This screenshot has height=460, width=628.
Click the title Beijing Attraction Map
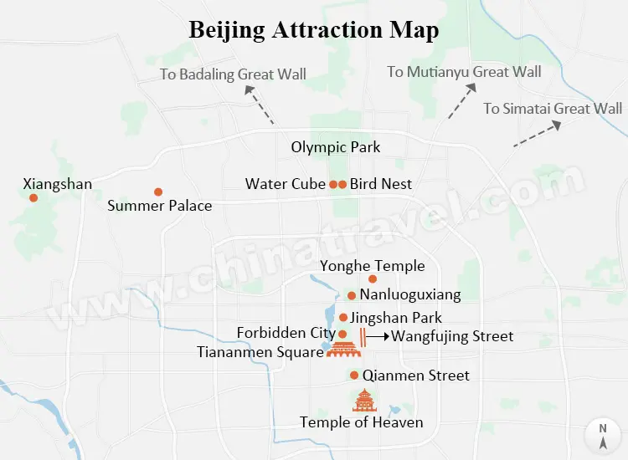[314, 30]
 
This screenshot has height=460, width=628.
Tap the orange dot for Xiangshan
[33, 198]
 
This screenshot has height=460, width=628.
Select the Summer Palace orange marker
[157, 192]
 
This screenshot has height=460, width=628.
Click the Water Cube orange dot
[333, 184]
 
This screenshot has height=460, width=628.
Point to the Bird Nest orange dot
[342, 184]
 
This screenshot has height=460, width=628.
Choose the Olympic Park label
[336, 147]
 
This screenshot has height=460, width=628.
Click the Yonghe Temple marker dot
[373, 279]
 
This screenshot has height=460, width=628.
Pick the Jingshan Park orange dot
[343, 317]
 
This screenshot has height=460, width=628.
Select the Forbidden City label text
[286, 333]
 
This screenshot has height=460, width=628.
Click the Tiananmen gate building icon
[341, 350]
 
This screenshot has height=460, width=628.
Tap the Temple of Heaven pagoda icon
[364, 401]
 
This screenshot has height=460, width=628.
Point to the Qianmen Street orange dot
[355, 376]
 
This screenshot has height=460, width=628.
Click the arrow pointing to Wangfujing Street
[378, 336]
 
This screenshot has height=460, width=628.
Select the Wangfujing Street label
[452, 336]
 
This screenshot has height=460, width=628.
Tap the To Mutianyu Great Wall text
[464, 72]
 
